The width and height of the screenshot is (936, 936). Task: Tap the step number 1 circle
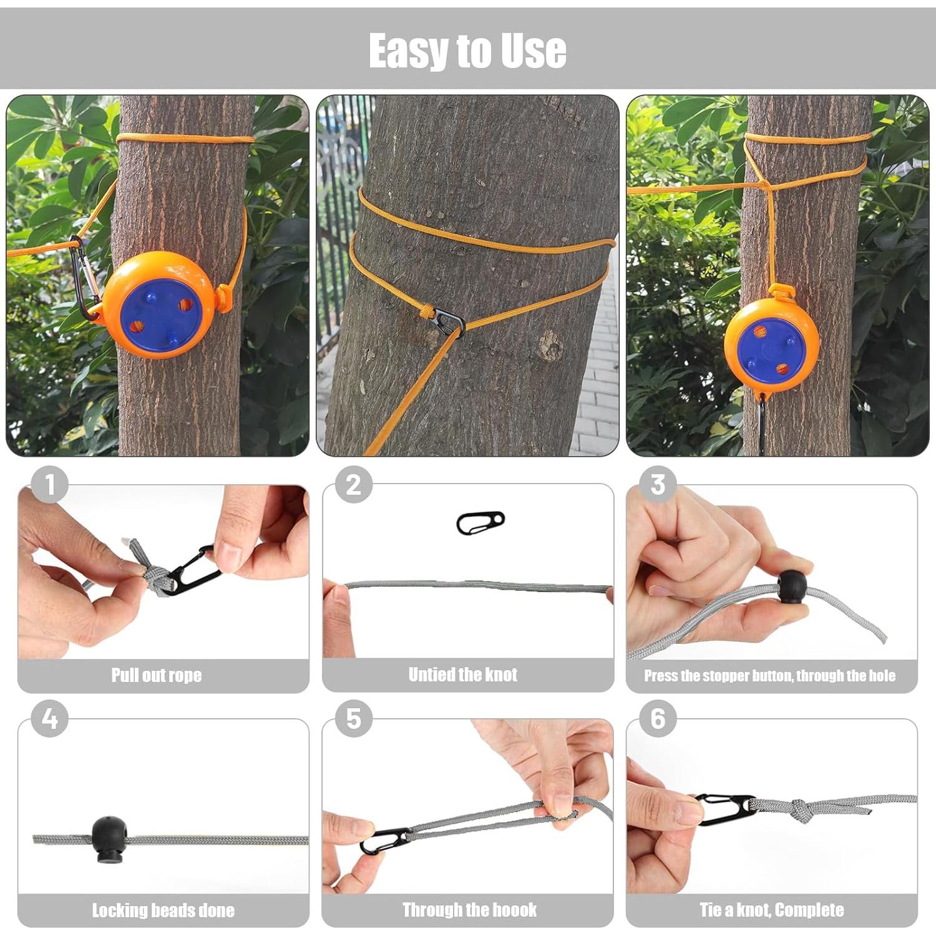(x=49, y=485)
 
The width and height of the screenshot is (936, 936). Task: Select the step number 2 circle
(x=353, y=485)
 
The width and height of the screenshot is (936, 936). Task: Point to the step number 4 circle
(x=49, y=719)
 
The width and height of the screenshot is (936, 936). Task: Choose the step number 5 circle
(x=353, y=719)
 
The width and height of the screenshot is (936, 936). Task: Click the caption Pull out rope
(x=157, y=675)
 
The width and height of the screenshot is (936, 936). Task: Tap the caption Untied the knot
(x=462, y=675)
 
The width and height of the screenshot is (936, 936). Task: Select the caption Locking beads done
(x=163, y=910)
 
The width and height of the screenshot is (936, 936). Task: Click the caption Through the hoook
(x=469, y=910)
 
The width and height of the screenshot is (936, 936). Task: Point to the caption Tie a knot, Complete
(x=771, y=910)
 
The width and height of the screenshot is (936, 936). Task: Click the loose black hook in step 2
(x=480, y=523)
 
